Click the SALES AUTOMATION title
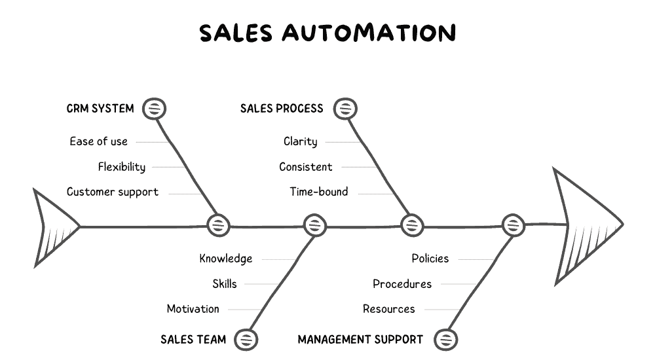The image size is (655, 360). point(327,33)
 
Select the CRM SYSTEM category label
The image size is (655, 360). point(100,109)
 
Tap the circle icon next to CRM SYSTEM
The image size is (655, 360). point(155,109)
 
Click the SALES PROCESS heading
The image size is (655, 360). point(282,109)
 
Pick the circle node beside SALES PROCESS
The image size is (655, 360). point(345,109)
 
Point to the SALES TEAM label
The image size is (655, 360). point(193,339)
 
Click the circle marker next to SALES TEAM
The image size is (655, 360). point(246,339)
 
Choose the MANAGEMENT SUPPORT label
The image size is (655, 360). point(360,339)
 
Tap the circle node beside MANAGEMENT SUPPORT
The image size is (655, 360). point(446,339)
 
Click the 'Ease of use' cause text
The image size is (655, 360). point(98,141)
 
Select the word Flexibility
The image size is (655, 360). point(122,167)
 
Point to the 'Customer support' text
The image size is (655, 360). point(113,192)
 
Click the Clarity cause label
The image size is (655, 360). point(300,141)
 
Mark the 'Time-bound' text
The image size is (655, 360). point(319,192)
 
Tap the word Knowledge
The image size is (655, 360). point(226,259)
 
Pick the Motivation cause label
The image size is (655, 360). point(193,309)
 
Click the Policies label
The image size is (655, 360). point(430,259)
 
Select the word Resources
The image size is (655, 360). point(389,309)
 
